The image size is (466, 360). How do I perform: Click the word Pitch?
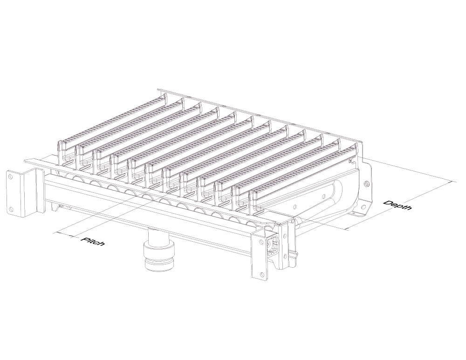(x=93, y=241)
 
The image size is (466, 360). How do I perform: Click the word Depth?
(x=397, y=205)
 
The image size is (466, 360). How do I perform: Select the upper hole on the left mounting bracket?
(x=11, y=177)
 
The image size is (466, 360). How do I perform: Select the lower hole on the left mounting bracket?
(x=11, y=209)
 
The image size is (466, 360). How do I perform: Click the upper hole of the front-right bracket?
(x=261, y=241)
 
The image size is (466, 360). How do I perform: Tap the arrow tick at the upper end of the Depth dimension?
(x=453, y=182)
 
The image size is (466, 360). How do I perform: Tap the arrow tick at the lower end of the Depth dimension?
(x=347, y=229)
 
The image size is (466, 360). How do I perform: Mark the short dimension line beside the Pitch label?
(x=63, y=235)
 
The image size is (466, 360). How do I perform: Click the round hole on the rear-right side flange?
(x=367, y=184)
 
